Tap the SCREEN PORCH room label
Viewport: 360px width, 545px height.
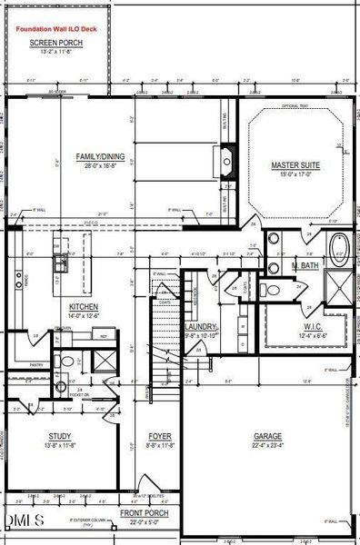pos(56,43)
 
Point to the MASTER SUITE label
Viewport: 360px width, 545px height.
pos(296,165)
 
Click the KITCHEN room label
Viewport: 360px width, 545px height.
pos(83,308)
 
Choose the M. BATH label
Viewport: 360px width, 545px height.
pos(305,265)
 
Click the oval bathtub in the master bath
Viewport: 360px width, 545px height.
pos(339,247)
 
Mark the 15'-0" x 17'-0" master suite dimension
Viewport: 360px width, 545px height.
pos(296,175)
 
